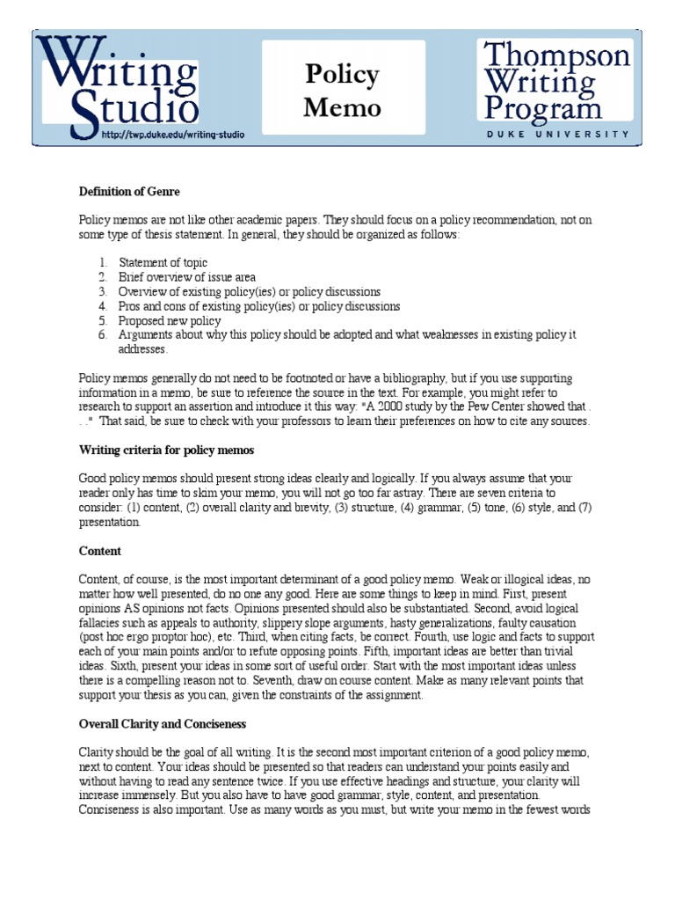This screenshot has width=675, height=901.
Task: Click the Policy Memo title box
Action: coord(343,91)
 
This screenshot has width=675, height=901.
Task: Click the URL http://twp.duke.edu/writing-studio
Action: coord(173,135)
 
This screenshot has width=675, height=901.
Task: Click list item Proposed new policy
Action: coord(170,321)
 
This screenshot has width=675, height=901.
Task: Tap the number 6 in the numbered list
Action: coord(102,335)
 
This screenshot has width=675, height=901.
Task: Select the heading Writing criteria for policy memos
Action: coord(166,450)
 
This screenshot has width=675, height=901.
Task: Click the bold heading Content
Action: coord(100,551)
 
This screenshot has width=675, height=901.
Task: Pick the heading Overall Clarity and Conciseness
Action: coord(163,723)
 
